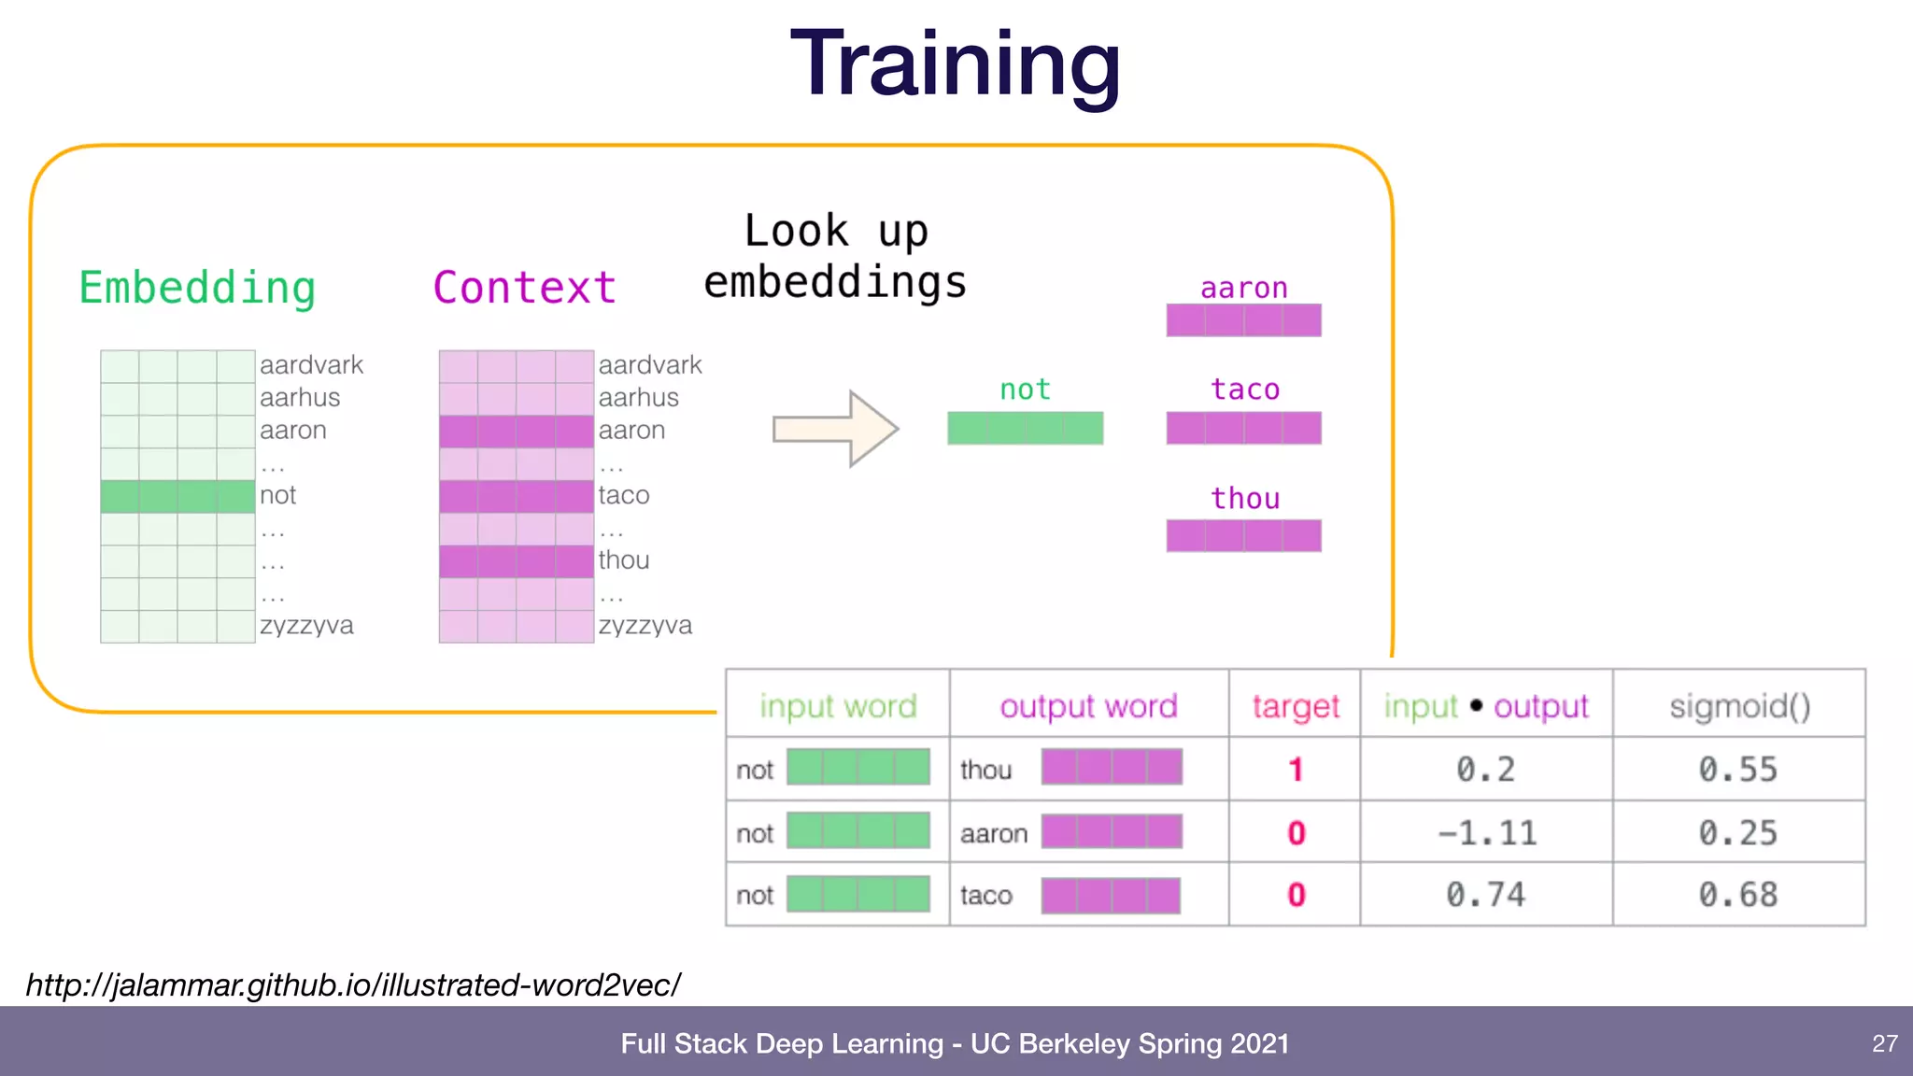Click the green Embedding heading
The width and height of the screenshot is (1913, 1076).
point(197,288)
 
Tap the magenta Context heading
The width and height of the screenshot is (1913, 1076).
point(524,288)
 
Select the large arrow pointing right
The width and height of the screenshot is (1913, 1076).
point(835,429)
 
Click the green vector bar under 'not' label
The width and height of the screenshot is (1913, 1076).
point(1025,428)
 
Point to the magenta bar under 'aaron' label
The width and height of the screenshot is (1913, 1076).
point(1243,320)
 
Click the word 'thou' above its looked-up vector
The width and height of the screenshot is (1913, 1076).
point(1244,498)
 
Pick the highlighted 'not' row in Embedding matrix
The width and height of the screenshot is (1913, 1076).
point(177,496)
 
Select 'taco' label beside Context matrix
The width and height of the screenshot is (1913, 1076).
point(624,495)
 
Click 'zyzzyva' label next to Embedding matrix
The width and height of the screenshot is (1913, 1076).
point(306,625)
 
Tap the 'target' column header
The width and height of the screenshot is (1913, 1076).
point(1295,706)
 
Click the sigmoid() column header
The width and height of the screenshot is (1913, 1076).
point(1739,706)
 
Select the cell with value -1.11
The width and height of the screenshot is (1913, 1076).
point(1486,832)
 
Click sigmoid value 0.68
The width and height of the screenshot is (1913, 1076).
point(1737,895)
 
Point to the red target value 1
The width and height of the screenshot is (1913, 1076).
point(1296,770)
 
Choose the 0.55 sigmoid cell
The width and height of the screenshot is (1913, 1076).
point(1737,770)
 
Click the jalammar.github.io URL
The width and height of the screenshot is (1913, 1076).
point(353,984)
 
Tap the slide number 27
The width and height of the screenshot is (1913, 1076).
point(1884,1043)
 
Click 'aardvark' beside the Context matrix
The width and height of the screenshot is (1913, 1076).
point(650,365)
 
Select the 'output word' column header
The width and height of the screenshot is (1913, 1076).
point(1088,706)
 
